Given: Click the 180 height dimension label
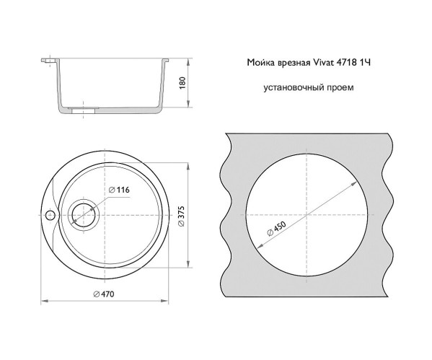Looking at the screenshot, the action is point(182,83).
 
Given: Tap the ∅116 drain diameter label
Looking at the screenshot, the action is point(119,190).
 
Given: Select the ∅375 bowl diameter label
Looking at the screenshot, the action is point(182,216).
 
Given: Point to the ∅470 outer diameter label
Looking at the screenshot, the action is point(104,294).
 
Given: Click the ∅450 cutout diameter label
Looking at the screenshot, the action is point(277,229).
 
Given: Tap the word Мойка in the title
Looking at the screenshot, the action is point(260,63).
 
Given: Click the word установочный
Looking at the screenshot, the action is point(294,88).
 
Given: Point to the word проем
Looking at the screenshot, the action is point(340,88).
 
